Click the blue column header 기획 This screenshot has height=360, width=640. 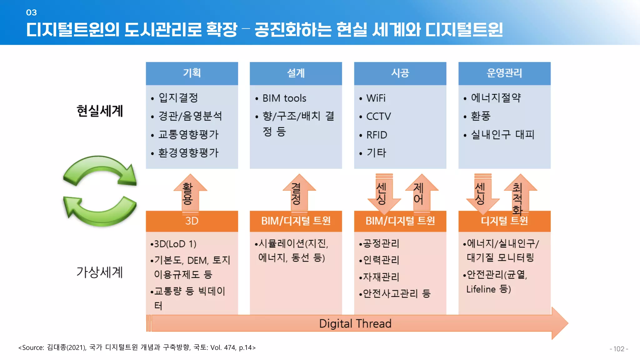click(x=192, y=73)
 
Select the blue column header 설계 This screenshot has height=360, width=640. click(x=296, y=73)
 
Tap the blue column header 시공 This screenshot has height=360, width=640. click(x=400, y=73)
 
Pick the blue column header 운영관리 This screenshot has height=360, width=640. click(x=504, y=73)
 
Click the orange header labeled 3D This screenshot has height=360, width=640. click(x=192, y=221)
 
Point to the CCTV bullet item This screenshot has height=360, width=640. click(x=378, y=117)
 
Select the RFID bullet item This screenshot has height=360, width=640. click(x=377, y=135)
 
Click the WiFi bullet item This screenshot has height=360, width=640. click(x=376, y=98)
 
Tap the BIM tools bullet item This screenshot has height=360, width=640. click(x=284, y=98)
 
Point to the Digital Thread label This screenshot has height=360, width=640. click(x=355, y=323)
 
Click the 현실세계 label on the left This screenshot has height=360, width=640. click(x=100, y=111)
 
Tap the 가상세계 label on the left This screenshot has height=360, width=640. click(x=100, y=272)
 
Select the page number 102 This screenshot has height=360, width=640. click(x=618, y=349)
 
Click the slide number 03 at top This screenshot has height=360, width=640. click(x=32, y=12)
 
